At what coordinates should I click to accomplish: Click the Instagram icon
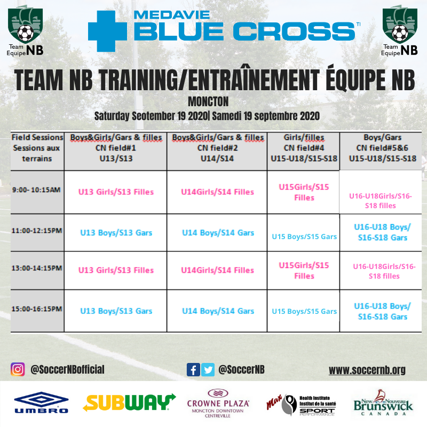pos(18,369)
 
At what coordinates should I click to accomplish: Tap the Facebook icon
pos(193,370)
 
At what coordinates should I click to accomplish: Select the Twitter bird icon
pos(208,370)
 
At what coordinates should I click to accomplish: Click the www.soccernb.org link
pos(367,370)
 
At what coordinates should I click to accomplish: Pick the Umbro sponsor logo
pos(41,402)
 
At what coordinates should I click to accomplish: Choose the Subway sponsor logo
pos(129,402)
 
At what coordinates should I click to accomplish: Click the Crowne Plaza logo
pos(218,404)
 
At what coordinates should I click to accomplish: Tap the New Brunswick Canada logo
pos(383,402)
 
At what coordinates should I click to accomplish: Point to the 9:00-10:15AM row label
pos(36,190)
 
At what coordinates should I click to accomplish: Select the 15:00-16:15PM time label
pos(37,309)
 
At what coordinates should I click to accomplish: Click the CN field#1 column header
pos(116,148)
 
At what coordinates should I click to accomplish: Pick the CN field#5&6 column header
pos(383,148)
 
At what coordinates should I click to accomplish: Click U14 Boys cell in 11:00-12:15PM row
pos(218,233)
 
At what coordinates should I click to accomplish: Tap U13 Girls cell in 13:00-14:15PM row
pos(116,270)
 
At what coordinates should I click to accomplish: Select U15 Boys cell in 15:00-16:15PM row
pos(304,311)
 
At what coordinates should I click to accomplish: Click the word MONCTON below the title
pos(208,102)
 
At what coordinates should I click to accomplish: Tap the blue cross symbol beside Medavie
pos(107,31)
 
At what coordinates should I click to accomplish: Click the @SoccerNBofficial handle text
pos(67,369)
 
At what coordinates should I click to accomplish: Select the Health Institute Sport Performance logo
pos(301,405)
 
